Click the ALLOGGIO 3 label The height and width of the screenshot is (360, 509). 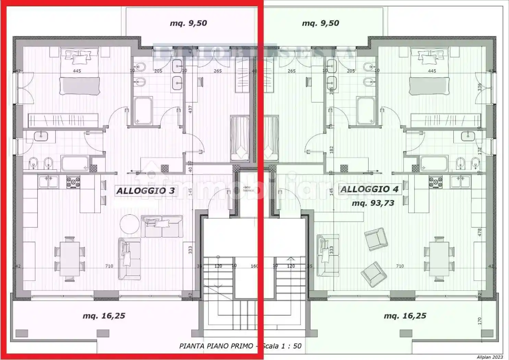145,191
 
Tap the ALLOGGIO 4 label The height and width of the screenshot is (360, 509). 369,189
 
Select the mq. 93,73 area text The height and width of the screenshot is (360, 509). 373,203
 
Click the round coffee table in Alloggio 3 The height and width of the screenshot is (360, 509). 130,224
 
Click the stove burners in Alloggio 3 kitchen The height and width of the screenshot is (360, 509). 73,182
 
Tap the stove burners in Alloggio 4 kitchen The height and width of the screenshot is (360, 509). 436,182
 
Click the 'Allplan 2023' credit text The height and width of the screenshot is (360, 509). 489,357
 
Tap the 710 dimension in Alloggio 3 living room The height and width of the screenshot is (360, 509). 109,266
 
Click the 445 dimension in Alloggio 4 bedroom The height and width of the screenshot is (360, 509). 432,71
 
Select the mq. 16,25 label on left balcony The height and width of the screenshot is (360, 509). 104,316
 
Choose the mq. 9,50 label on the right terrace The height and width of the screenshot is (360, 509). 320,23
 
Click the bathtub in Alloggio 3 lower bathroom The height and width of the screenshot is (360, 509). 75,163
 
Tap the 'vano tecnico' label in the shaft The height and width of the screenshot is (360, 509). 249,189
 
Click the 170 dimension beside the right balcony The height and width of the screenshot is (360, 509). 480,321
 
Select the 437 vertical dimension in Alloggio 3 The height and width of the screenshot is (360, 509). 190,109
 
